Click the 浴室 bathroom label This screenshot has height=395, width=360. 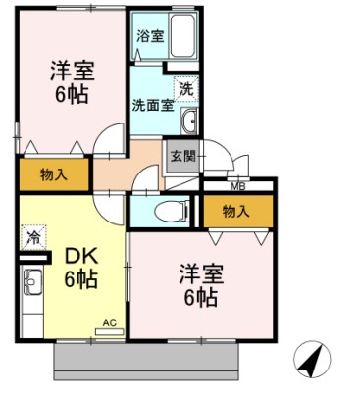150,36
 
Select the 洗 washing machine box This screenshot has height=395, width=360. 185,85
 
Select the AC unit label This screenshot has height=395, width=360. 109,321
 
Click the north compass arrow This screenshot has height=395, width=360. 311,361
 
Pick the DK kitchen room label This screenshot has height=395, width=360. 80,256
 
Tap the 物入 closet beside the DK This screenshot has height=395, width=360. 53,175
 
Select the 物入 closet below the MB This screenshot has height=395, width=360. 235,210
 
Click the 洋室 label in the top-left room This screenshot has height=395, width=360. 71,71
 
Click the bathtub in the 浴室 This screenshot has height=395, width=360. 185,39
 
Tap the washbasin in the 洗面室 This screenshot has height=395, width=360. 190,121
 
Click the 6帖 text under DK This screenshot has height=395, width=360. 80,279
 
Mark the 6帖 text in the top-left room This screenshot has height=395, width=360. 71,96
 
